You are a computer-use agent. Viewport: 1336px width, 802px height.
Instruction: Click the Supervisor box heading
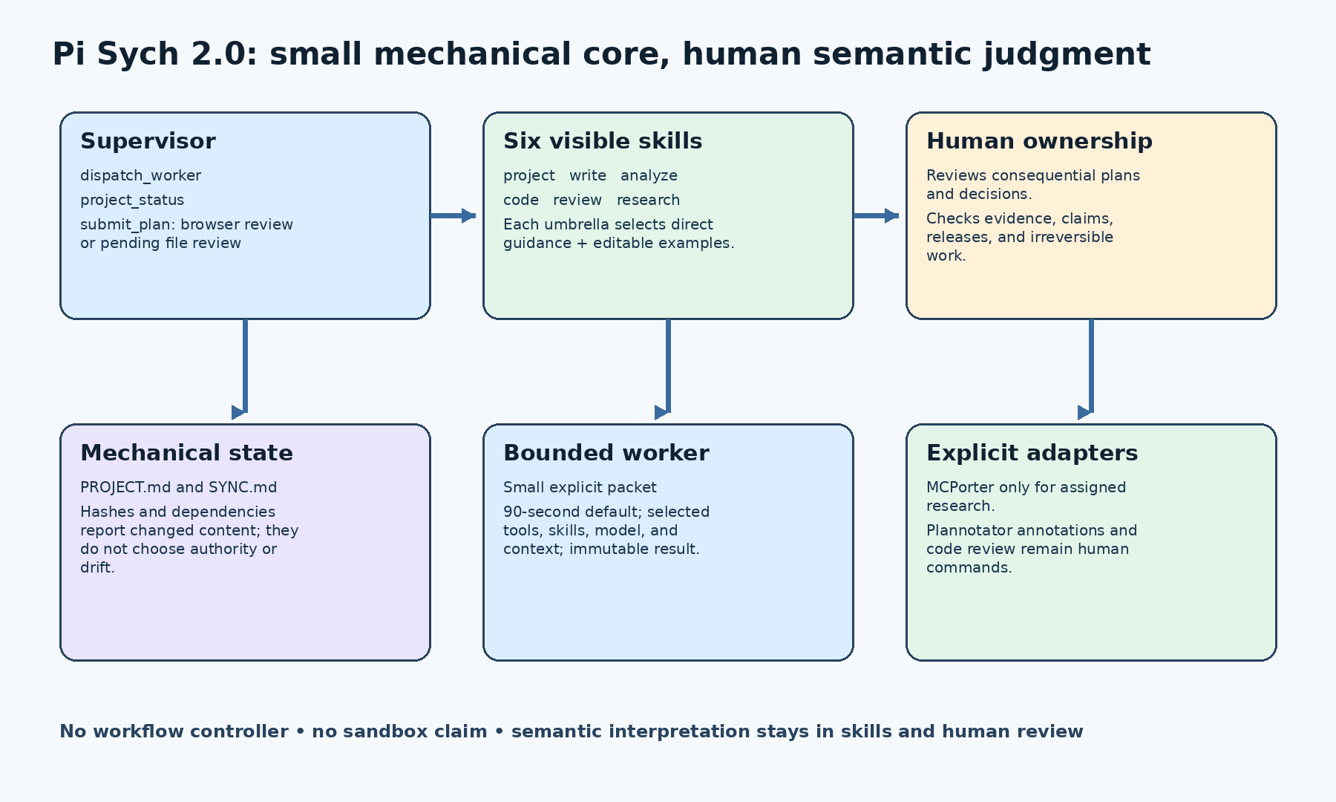[148, 141]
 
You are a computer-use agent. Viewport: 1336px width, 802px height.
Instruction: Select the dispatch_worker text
[140, 176]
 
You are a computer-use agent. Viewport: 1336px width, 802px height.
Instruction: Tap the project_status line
[132, 200]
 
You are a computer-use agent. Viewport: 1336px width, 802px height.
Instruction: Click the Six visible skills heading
[603, 141]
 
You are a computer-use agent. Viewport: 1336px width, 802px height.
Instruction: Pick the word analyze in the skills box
[649, 176]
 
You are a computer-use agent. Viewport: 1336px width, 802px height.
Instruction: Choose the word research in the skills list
[648, 200]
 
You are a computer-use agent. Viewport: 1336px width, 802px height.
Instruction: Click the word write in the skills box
[588, 176]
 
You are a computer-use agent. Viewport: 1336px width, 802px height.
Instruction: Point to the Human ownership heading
[1039, 141]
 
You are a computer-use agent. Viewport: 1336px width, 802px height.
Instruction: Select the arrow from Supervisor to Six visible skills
[453, 216]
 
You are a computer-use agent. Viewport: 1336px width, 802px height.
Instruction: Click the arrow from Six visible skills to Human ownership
[876, 216]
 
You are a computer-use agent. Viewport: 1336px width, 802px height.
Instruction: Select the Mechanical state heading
[186, 453]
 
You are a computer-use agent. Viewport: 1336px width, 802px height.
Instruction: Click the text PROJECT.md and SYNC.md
[178, 488]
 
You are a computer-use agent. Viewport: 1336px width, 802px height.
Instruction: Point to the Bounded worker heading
[606, 453]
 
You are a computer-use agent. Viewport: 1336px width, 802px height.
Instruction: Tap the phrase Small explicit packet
[580, 488]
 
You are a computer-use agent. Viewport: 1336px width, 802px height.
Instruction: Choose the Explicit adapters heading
[1032, 453]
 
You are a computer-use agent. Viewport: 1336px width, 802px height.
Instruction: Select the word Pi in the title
[69, 54]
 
